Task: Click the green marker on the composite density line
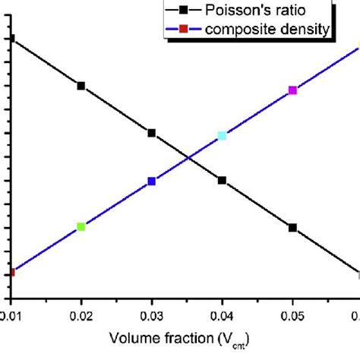(x=81, y=226)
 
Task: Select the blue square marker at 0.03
(x=152, y=182)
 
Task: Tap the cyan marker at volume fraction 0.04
(x=222, y=136)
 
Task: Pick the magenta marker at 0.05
(x=292, y=90)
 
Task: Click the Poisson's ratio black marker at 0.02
(x=81, y=86)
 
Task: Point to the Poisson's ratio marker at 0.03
(x=152, y=133)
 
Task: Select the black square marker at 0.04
(x=222, y=181)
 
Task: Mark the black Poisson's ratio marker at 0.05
(x=292, y=228)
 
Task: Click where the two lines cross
(x=188, y=158)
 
